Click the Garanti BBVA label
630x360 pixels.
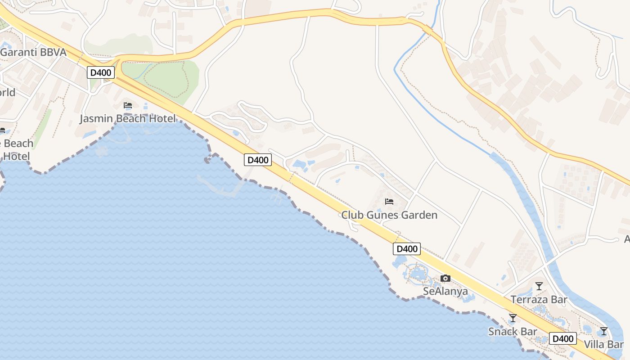(33, 52)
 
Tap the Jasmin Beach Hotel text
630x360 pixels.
(127, 119)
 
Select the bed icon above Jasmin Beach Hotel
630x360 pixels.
(128, 106)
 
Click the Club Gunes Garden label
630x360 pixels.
(389, 215)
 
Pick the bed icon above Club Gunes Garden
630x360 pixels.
(389, 202)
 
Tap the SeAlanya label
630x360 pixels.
(445, 292)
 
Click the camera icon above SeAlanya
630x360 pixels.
(445, 279)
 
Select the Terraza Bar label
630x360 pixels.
(539, 300)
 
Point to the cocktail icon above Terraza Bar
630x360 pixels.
(539, 286)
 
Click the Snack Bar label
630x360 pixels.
(513, 332)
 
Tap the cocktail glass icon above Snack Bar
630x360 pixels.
(513, 318)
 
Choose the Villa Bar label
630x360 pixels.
(603, 345)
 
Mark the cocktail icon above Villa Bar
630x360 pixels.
(603, 331)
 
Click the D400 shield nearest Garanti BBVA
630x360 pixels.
(101, 72)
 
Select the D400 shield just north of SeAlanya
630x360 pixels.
(407, 249)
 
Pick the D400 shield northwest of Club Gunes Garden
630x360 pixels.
(258, 160)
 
